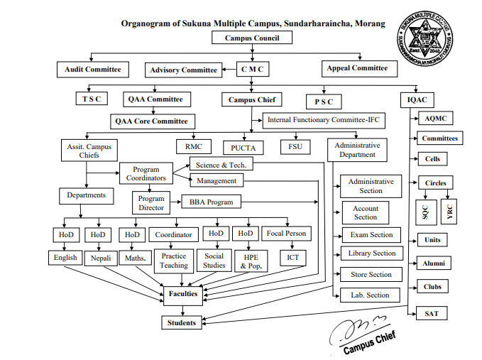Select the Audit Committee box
coord(92,70)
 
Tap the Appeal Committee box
coord(358,68)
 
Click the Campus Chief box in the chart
coord(252,100)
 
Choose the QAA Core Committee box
coord(151,121)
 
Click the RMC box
coord(194,146)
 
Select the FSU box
coord(295,146)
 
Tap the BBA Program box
coord(211,202)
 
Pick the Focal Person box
coord(286,234)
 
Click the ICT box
coord(292,257)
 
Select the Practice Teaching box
coord(174,261)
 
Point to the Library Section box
coord(372,253)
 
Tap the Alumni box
coord(433,263)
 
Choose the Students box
coord(182,322)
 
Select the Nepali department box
coord(99,257)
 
